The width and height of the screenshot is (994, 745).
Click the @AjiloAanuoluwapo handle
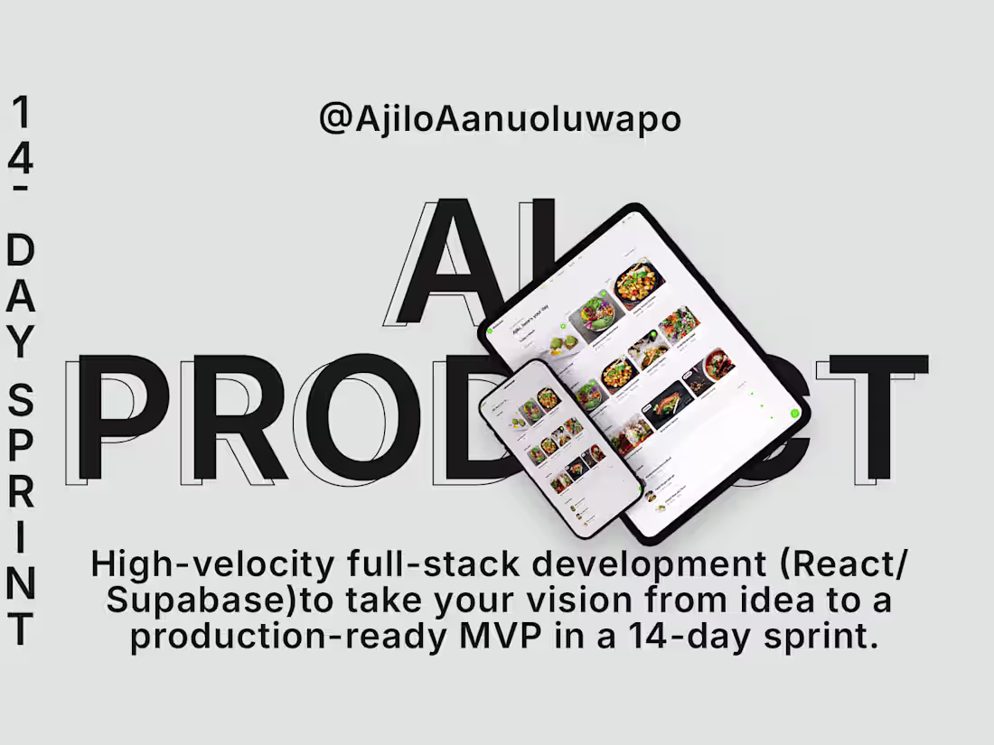coord(500,119)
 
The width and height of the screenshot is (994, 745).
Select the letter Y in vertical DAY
coord(21,340)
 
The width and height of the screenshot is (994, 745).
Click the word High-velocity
coord(213,566)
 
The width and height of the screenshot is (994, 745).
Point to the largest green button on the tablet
coord(795,414)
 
